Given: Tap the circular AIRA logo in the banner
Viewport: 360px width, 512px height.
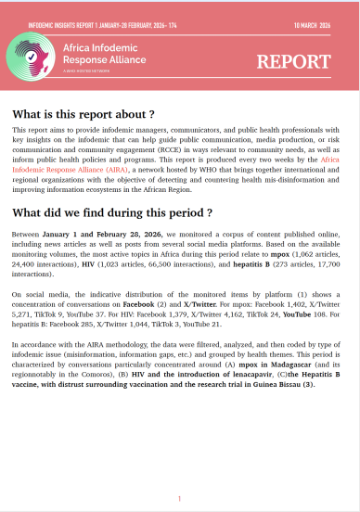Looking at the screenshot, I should [39, 62].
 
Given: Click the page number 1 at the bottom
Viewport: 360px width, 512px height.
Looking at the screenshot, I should [179, 498].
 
